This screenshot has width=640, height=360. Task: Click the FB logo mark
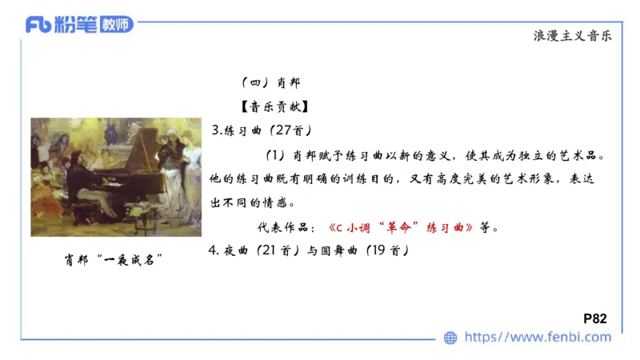pos(38,26)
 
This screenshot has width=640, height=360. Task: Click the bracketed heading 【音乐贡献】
pos(263,106)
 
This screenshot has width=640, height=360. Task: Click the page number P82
pos(596,318)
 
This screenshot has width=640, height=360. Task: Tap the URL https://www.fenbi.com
pos(538,337)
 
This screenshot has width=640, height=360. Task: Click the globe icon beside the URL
pos(451,338)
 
